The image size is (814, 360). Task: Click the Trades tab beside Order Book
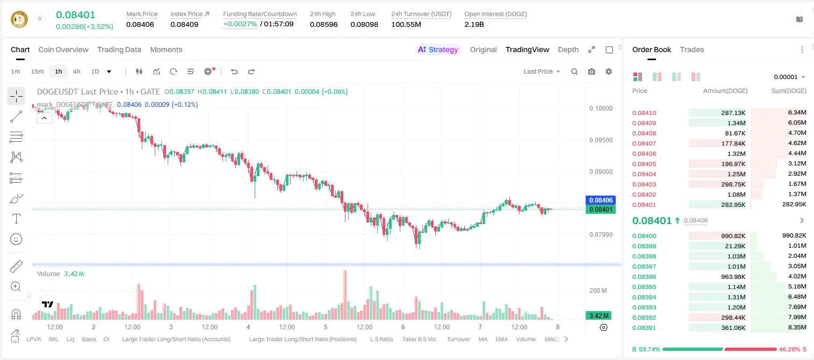click(x=691, y=49)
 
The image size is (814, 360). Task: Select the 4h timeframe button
click(x=76, y=71)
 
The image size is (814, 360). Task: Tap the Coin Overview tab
click(x=63, y=49)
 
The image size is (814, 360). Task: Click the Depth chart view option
click(x=568, y=49)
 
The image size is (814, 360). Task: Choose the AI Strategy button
click(x=438, y=49)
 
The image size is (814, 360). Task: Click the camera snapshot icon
click(x=591, y=71)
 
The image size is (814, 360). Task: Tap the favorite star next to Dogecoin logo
click(x=40, y=18)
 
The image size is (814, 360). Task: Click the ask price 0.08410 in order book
click(x=644, y=113)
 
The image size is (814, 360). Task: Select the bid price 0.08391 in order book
click(x=644, y=328)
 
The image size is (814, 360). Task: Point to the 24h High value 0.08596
click(x=323, y=24)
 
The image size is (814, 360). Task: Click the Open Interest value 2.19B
click(x=474, y=24)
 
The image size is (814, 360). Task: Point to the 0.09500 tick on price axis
click(x=601, y=140)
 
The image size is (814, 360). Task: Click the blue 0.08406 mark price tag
click(x=601, y=200)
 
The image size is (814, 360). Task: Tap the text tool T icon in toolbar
click(x=16, y=219)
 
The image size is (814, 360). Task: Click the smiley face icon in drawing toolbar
click(x=16, y=239)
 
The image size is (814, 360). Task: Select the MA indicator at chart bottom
click(x=483, y=339)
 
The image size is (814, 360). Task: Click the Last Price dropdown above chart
click(x=542, y=71)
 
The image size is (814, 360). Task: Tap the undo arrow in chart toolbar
click(x=234, y=71)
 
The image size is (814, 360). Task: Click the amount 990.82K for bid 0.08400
click(x=733, y=236)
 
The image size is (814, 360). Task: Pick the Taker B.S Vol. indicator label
click(x=419, y=339)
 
